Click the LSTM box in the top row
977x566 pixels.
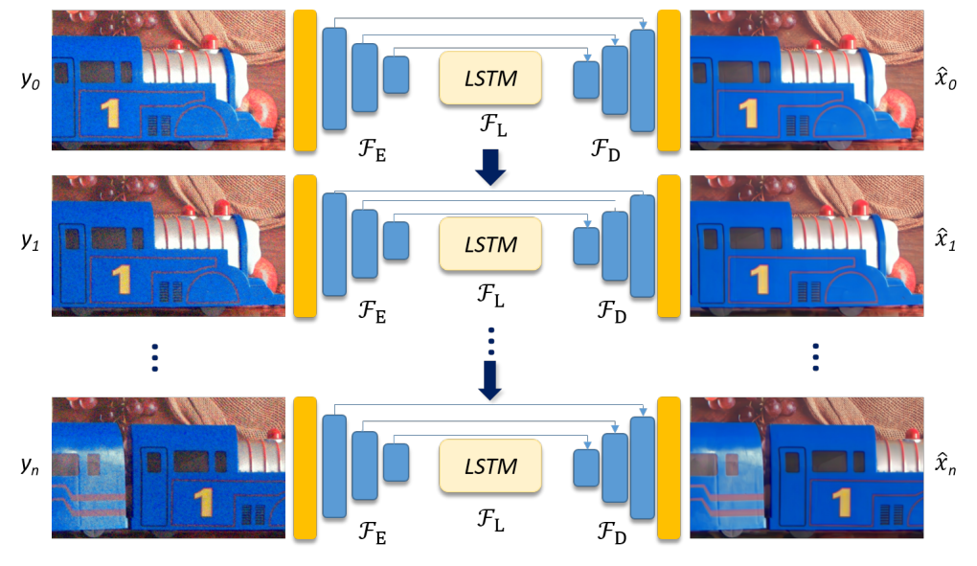(x=490, y=78)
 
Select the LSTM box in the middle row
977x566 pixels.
(x=490, y=245)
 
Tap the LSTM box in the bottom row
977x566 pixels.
(x=490, y=466)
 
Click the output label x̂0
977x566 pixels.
(x=947, y=81)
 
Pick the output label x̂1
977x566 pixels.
(x=947, y=248)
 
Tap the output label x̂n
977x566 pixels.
(x=947, y=465)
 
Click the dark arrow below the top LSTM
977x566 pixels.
(x=490, y=168)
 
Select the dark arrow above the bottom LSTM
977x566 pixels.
(x=490, y=379)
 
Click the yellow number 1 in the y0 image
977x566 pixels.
(x=111, y=112)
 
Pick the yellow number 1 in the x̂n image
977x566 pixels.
(x=843, y=501)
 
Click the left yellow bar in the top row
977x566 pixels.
(x=305, y=81)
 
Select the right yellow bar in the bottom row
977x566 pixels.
(x=669, y=466)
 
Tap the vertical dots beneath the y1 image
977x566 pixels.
(x=154, y=356)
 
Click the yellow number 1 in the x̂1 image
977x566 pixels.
(x=761, y=279)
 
